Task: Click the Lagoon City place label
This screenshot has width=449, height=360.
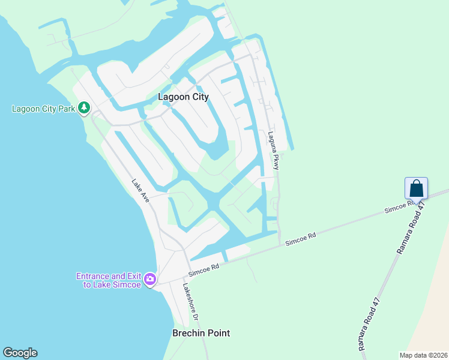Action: (x=183, y=97)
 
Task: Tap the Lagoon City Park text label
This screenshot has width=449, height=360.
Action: (x=43, y=109)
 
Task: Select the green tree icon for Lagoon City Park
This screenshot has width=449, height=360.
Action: (x=85, y=108)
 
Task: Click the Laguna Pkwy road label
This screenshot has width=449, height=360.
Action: (x=274, y=151)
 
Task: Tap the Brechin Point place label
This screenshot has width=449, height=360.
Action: (x=201, y=333)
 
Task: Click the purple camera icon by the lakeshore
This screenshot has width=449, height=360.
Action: (x=149, y=279)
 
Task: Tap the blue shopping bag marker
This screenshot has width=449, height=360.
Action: (x=417, y=189)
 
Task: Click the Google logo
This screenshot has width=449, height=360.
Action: (x=20, y=353)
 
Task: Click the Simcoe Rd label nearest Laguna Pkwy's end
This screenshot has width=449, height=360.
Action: (x=300, y=239)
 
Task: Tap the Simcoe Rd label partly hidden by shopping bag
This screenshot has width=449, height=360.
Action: (x=397, y=207)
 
